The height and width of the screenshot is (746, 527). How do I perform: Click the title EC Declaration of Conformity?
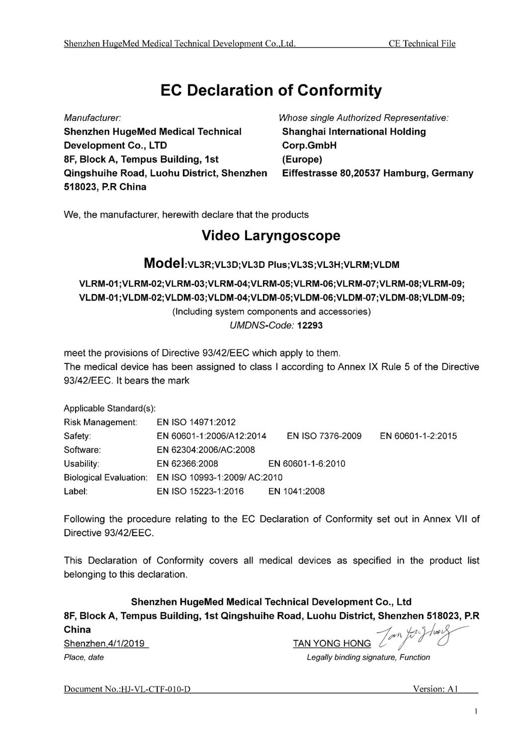271,90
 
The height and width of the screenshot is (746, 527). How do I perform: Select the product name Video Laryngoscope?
271,236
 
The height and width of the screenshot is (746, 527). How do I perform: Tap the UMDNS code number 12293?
310,326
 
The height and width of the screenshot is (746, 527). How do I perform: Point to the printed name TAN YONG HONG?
332,644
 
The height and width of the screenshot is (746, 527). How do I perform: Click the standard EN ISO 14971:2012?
196,422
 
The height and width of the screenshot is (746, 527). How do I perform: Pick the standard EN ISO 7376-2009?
324,436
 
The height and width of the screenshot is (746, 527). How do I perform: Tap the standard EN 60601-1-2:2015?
418,436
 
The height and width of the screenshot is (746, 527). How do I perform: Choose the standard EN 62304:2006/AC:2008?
206,450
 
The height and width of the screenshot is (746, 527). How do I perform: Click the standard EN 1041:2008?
296,492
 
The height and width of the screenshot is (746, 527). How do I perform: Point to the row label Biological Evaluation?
105,478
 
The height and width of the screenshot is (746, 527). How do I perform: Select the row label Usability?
82,464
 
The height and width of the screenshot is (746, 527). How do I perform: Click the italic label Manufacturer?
93,118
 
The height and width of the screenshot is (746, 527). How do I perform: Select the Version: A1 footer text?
435,689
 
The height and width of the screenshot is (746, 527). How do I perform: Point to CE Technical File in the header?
422,44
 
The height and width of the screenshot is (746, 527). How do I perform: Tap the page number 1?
476,712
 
